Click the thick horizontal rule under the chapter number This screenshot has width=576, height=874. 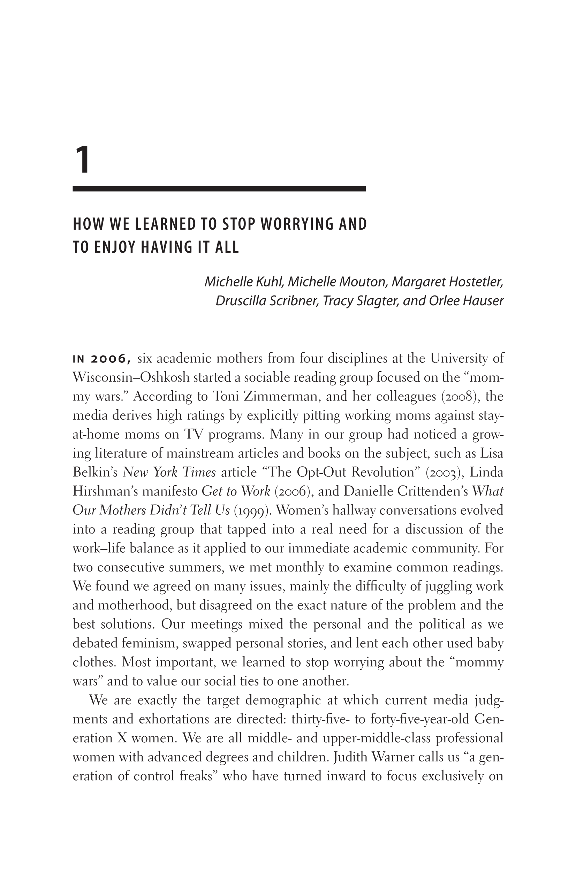coord(219,189)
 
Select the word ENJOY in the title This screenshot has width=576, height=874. coord(115,247)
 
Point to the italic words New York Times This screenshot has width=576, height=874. coord(169,472)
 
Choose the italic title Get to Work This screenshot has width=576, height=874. coord(236,491)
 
